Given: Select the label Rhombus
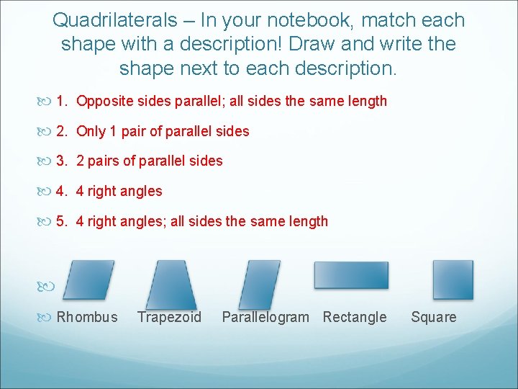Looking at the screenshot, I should [x=87, y=317].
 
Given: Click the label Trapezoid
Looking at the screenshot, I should [x=170, y=317].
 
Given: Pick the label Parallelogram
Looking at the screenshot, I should [x=265, y=317].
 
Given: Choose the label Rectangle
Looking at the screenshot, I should [x=355, y=317].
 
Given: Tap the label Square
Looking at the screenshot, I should [x=434, y=317].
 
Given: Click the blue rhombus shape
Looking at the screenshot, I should [x=90, y=280].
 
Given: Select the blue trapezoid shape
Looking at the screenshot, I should [x=171, y=284].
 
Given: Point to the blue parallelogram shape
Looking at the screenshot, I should [x=260, y=284].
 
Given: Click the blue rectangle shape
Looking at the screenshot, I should [x=351, y=275].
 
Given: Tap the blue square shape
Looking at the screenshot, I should [x=453, y=280].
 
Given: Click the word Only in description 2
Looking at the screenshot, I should [x=91, y=131].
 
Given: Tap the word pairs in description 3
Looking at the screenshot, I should [x=104, y=161].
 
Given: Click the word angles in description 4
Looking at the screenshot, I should [x=141, y=192].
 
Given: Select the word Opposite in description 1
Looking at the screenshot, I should [x=104, y=101].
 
